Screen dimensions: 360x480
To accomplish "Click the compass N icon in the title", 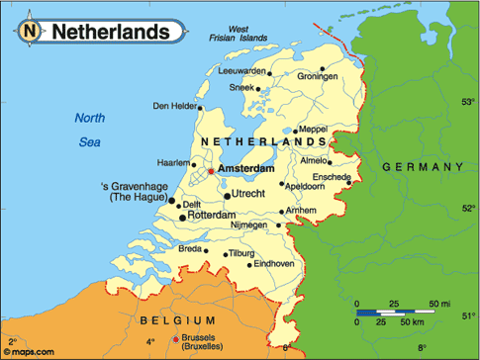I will tap(31, 32).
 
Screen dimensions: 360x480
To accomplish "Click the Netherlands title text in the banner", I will tap(109, 32).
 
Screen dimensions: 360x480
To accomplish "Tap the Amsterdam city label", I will tap(245, 169).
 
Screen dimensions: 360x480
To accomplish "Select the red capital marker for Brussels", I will tap(176, 338).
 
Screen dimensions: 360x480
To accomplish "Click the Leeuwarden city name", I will tap(242, 70).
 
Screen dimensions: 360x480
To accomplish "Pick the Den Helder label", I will tap(173, 106).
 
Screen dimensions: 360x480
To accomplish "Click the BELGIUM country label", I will tap(177, 319).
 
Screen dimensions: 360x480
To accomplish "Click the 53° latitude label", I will tap(467, 102).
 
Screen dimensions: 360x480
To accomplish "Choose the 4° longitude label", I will tap(150, 342).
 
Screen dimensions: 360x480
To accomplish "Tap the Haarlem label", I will tap(173, 162).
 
